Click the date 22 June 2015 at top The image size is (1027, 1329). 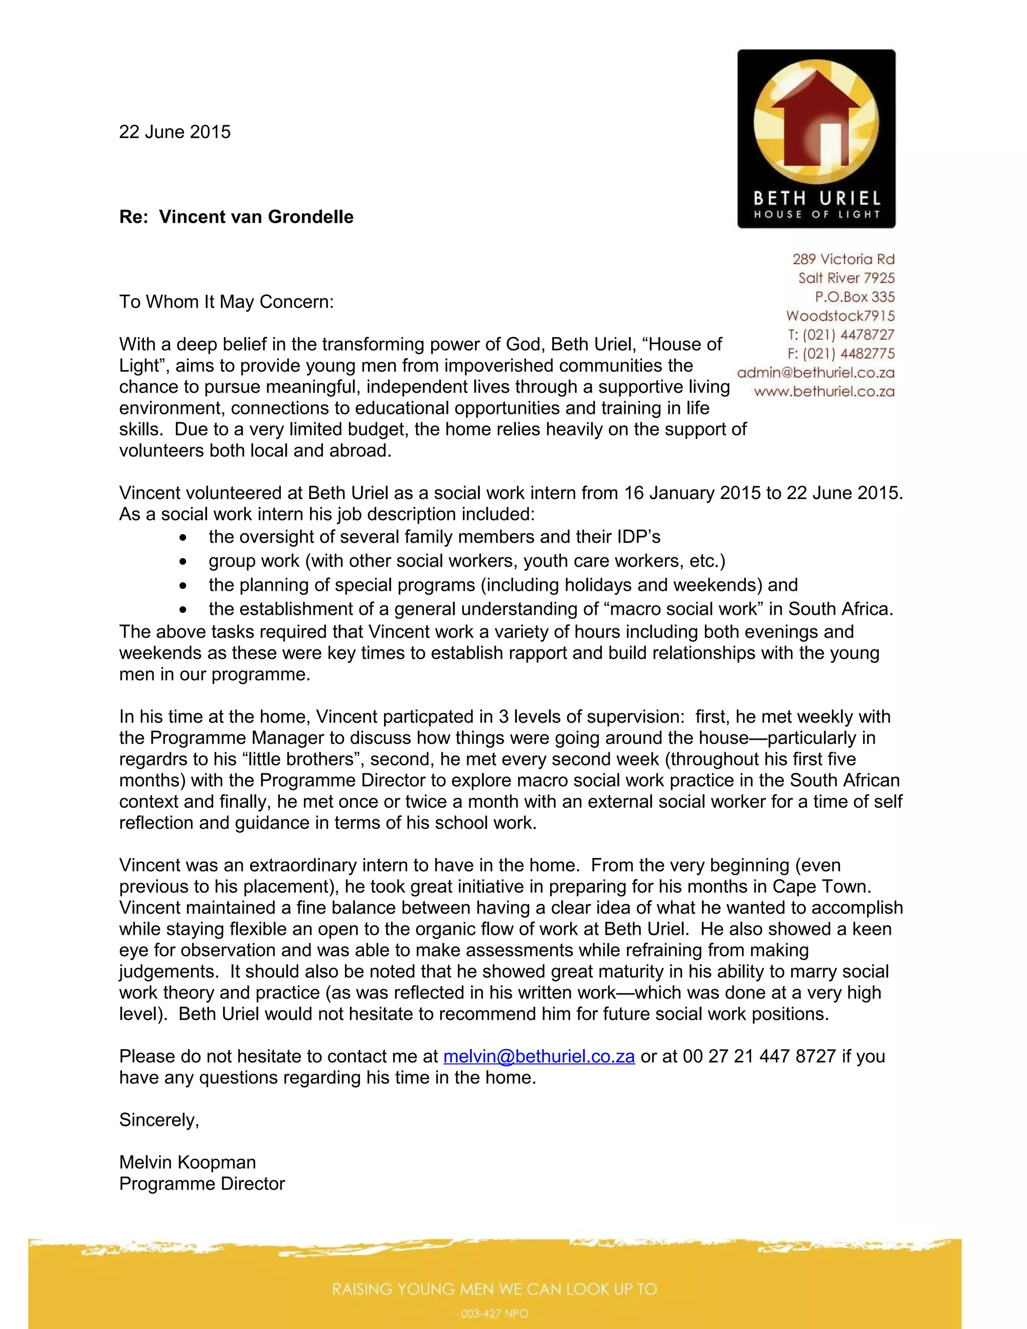coord(175,132)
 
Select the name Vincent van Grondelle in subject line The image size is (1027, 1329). coord(256,217)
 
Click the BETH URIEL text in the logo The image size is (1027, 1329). coord(816,199)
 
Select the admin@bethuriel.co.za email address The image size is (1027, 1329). coord(815,373)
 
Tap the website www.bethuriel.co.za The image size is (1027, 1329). coord(824,391)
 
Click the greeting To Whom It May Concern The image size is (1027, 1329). coord(226,302)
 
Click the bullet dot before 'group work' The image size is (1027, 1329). coord(183,562)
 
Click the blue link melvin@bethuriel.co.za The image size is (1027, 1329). coord(539,1056)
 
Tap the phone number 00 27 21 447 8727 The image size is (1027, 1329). coord(759,1056)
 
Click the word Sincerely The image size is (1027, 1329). coord(159,1120)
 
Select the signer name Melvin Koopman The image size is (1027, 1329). coord(188,1162)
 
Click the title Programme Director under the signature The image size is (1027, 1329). coord(202,1184)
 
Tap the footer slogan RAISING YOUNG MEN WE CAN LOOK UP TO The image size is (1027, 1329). coord(494,1289)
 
